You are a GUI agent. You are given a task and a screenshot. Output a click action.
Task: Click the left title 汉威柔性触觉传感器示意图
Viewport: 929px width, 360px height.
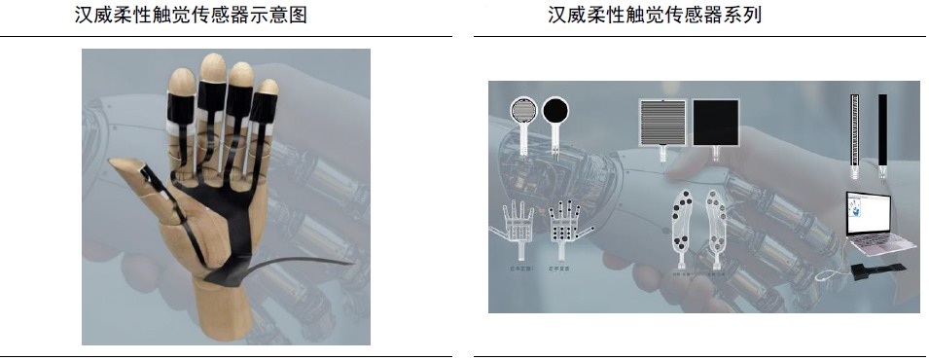click(x=191, y=17)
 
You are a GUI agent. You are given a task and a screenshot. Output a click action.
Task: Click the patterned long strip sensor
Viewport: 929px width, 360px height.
click(x=855, y=128)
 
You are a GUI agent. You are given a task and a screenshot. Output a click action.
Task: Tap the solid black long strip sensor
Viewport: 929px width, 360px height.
click(x=882, y=128)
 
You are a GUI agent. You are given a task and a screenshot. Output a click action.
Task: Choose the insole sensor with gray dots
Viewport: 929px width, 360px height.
click(x=719, y=229)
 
